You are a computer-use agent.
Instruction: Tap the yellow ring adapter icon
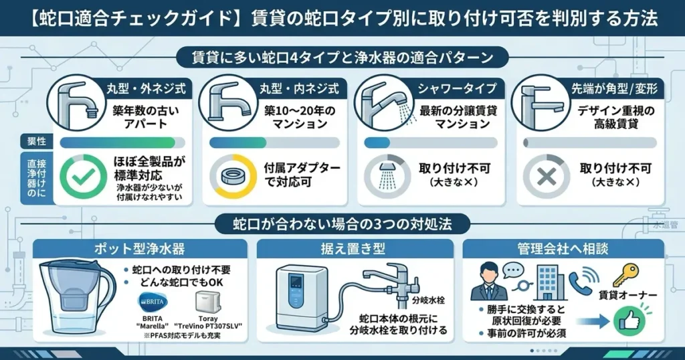pyautogui.click(x=234, y=176)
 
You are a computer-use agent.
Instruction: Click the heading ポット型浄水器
pyautogui.click(x=140, y=250)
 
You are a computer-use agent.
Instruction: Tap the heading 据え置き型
pyautogui.click(x=357, y=250)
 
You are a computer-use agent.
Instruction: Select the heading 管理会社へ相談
pyautogui.click(x=563, y=250)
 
